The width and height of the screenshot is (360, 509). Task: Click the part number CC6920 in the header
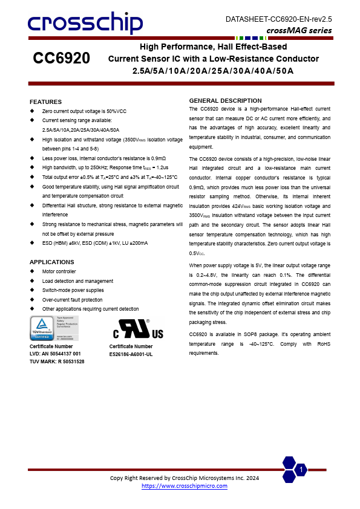(61, 59)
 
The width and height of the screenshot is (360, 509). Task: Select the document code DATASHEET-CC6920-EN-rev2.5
(279, 19)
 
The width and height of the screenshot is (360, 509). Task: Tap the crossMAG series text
(299, 30)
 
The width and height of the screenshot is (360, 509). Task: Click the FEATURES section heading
(45, 102)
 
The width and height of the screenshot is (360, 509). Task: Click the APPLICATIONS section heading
(51, 262)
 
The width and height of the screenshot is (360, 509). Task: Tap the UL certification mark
(137, 329)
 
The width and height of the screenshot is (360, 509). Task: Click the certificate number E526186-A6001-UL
(131, 354)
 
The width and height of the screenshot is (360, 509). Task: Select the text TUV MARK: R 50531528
(57, 361)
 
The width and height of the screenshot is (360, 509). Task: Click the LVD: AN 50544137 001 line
(55, 354)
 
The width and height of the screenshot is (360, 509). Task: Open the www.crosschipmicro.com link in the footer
(184, 486)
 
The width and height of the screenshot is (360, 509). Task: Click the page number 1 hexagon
(301, 470)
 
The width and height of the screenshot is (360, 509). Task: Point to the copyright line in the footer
(184, 478)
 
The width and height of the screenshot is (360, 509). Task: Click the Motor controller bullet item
(59, 271)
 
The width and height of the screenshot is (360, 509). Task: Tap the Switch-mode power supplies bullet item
(73, 290)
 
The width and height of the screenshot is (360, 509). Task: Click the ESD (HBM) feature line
(95, 242)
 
